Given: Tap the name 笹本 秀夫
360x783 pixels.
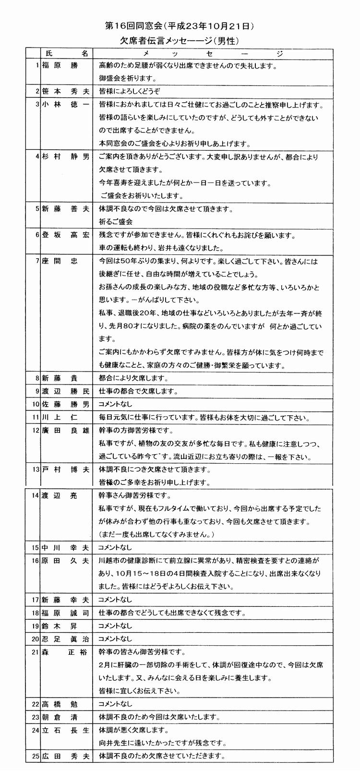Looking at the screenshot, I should coord(65,91).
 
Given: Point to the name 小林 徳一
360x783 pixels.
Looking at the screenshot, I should coord(65,105).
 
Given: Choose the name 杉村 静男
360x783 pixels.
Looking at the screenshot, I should coord(65,157).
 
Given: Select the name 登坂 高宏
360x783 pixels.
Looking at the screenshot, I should coord(65,235).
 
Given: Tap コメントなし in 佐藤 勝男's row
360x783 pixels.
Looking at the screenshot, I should coord(115,404).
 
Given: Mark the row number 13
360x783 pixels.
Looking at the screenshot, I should coord(35,469).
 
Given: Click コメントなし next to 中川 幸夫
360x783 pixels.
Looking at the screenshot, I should coord(115,547).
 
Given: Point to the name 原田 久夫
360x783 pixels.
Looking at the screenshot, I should coord(65,560).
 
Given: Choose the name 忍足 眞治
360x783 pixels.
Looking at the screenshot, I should coord(65,639).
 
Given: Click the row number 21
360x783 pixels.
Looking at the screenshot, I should coord(35,652).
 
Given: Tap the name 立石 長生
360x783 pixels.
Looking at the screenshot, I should coord(65,730).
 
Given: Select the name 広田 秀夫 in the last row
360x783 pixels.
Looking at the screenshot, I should coord(65,756).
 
